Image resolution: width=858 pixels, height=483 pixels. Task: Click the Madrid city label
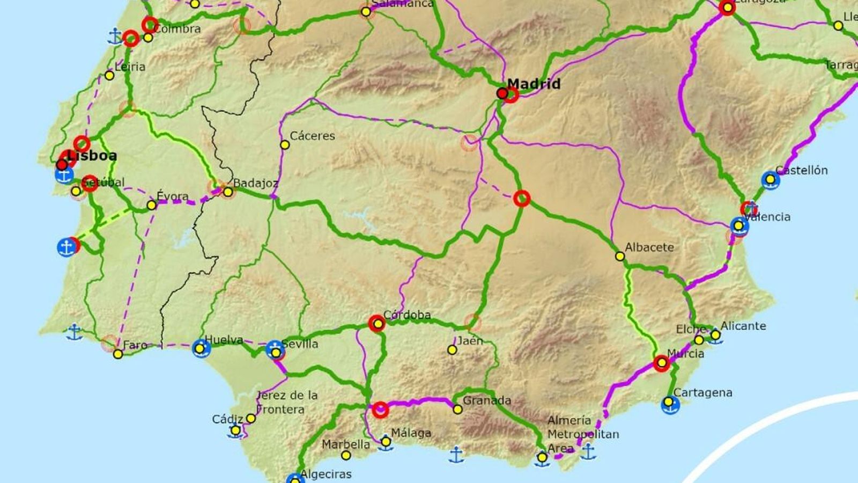(x=534, y=84)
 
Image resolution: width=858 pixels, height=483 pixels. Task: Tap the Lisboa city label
(x=92, y=156)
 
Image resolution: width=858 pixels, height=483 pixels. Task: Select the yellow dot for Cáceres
(x=285, y=145)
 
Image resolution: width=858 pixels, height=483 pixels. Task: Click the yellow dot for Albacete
(x=620, y=257)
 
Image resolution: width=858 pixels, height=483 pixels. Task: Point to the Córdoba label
(x=407, y=315)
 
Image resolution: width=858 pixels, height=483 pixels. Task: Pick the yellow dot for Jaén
(x=452, y=350)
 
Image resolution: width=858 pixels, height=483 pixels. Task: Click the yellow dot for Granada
(x=457, y=409)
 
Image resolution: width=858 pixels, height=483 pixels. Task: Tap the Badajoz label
(x=256, y=183)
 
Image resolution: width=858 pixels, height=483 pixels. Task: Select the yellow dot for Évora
(x=152, y=205)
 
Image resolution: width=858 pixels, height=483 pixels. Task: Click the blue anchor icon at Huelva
(x=201, y=349)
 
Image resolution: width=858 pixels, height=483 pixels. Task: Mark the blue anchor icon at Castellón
(x=771, y=180)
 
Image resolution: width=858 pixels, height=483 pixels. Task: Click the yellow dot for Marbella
(x=346, y=456)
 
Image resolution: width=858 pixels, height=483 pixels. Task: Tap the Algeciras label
(x=326, y=474)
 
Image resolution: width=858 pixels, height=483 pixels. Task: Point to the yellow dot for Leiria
(x=109, y=76)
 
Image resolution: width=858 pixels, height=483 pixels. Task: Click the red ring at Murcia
(x=661, y=363)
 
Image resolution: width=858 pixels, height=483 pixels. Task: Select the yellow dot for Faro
(x=118, y=354)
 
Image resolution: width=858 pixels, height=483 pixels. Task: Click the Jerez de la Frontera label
(x=287, y=402)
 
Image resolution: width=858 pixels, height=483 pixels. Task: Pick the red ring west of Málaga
(x=380, y=410)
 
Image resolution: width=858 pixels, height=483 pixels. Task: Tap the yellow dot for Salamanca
(x=366, y=12)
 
